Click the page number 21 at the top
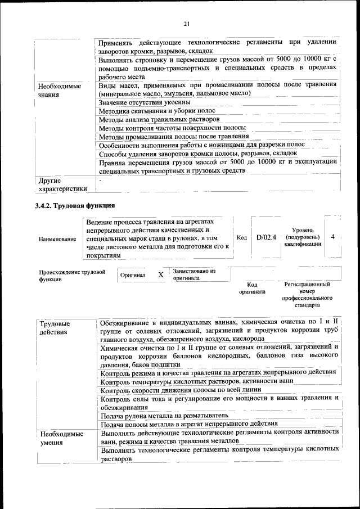(186, 23)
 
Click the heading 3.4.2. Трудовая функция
(75, 205)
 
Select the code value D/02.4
(266, 237)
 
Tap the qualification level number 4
(333, 237)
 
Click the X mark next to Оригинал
(160, 275)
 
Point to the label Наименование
(57, 239)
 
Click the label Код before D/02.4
(242, 237)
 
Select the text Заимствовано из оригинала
(194, 274)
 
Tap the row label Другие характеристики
(62, 184)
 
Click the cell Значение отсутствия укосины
(144, 102)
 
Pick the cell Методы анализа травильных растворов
(158, 119)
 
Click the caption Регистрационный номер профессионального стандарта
(308, 295)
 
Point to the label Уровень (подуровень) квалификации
(302, 237)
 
